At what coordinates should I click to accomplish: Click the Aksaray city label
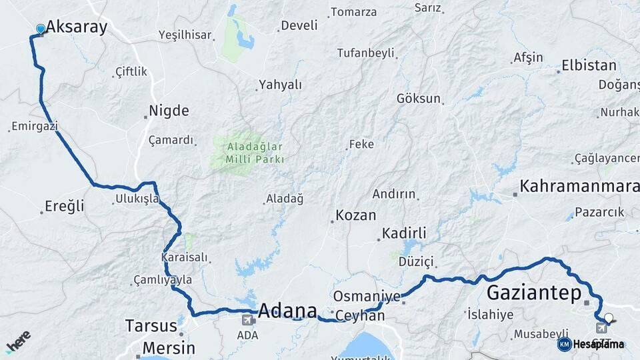coord(76,27)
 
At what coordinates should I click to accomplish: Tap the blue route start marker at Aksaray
coord(41,29)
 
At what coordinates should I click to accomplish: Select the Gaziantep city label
coord(534,293)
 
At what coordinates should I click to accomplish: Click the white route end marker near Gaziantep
coord(608,318)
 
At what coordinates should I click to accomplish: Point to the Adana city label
coord(287,311)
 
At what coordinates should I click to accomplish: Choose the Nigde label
coord(169,111)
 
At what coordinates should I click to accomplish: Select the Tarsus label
coord(151,326)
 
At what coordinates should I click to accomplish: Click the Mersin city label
coord(169,348)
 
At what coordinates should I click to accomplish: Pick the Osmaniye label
coord(367,296)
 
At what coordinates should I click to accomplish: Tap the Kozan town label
coord(355,215)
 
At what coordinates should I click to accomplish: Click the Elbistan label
coord(589,65)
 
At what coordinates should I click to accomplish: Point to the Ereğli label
coord(65,206)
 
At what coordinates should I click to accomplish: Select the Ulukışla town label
coord(137,199)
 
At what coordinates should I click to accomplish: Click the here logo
coord(18,341)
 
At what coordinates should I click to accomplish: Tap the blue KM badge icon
coord(564,344)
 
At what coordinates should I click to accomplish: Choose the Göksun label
coord(419,99)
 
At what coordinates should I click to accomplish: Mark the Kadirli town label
coord(403,233)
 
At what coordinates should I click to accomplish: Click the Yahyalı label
coord(280,85)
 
